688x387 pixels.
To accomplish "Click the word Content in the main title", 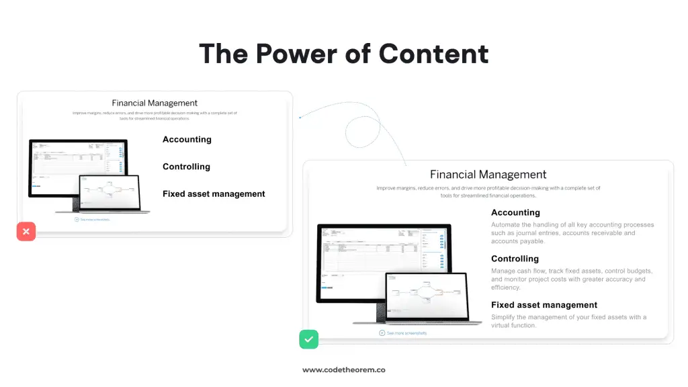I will coord(433,54).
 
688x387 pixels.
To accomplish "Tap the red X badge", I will coord(26,232).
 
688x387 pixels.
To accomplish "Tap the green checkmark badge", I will coord(308,339).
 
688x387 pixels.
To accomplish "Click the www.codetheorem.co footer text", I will coord(343,370).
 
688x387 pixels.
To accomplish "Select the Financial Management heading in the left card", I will coord(155,103).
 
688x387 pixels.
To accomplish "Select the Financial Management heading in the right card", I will coord(488,175).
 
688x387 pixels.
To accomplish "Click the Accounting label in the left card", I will coord(187,140).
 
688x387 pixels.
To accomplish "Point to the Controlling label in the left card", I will coord(186,167).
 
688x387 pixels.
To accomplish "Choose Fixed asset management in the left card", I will coord(214,194).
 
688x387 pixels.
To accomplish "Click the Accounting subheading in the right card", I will coord(515,213).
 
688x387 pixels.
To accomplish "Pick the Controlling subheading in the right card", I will coord(515,259).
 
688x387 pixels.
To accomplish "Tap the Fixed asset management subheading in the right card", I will coord(544,305).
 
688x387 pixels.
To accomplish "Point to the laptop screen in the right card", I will coord(426,295).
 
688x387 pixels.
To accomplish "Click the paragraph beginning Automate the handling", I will coord(572,232).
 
